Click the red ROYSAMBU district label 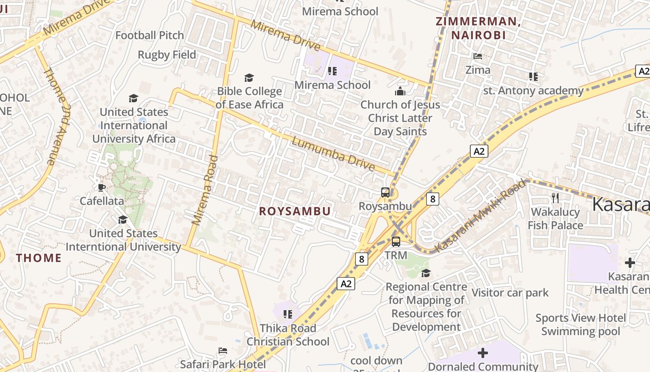pos(295,211)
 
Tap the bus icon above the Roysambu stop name pos(385,192)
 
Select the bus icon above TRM pos(396,242)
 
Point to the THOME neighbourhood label pos(39,258)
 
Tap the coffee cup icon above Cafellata pos(101,187)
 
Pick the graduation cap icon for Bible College pos(249,78)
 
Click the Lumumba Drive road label pos(333,153)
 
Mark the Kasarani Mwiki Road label pos(481,216)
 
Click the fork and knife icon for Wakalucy pos(555,198)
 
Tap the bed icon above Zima pos(477,56)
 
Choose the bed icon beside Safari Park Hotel pos(223,351)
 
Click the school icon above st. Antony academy pos(533,77)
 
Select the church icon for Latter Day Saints pos(400,91)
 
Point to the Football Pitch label pos(149,35)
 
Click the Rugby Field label pos(167,55)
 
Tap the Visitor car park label pos(510,293)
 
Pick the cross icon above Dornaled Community pos(483,353)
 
